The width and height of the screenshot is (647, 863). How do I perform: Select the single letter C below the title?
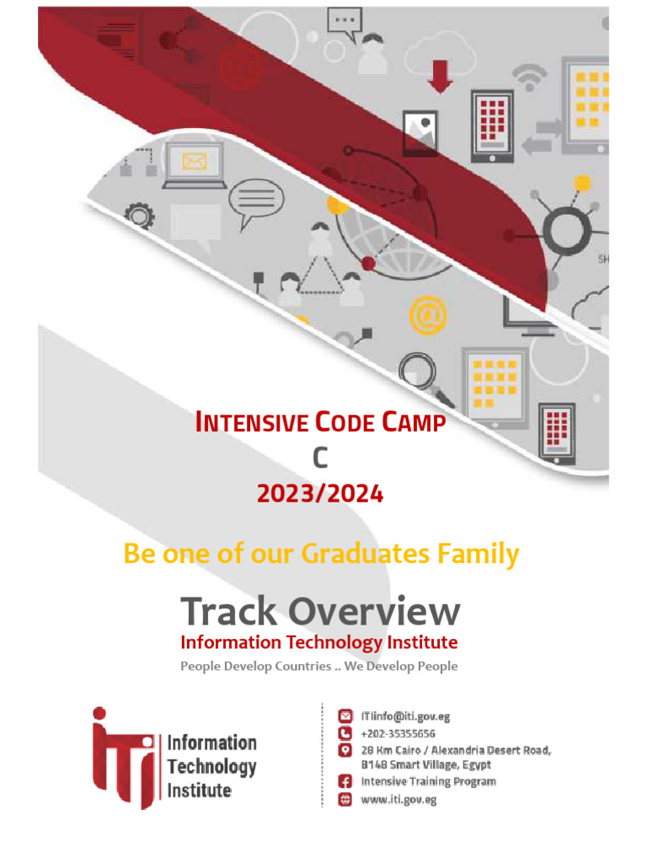(319, 458)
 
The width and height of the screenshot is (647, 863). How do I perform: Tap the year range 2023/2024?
(320, 494)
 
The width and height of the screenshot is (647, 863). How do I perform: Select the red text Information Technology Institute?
(319, 642)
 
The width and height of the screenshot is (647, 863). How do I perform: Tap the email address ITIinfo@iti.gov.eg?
(405, 716)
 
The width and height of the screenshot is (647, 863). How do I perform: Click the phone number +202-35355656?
(398, 733)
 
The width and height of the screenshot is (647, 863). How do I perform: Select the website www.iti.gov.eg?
(398, 800)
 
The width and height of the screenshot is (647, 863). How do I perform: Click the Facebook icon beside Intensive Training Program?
(345, 782)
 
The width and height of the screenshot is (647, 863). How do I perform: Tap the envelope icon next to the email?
(345, 716)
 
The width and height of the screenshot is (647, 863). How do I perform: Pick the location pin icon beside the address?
(345, 750)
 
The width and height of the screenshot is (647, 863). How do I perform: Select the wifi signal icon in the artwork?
(530, 78)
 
